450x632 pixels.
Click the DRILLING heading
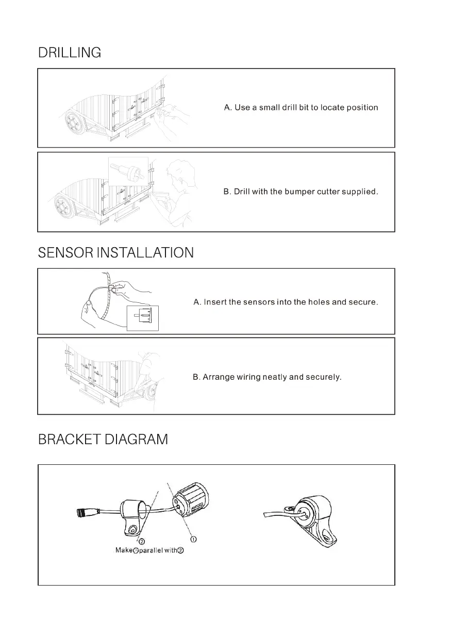70,53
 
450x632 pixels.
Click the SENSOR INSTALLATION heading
116,253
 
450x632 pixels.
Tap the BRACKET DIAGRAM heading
103,440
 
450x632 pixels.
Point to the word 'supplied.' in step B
360,192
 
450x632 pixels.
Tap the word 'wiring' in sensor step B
248,377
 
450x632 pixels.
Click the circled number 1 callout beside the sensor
194,539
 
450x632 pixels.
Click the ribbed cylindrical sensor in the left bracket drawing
190,500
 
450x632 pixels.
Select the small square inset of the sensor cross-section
143,317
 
